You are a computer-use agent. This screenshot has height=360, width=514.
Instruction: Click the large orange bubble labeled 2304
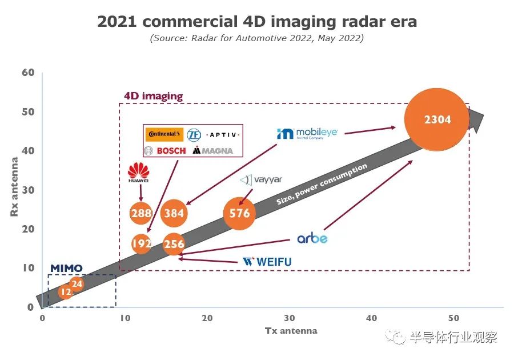(437, 119)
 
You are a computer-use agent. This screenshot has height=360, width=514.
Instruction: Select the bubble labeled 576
(240, 213)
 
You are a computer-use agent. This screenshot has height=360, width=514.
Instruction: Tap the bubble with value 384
(174, 213)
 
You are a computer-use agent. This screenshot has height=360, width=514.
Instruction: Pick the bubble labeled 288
(141, 213)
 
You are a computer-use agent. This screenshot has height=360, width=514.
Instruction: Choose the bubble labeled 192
(141, 244)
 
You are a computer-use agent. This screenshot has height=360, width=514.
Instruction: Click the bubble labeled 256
(174, 244)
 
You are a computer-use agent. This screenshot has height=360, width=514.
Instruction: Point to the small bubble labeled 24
(77, 283)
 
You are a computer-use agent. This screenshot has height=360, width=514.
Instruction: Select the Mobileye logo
(307, 133)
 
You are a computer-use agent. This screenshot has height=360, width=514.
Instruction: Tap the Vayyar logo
(261, 180)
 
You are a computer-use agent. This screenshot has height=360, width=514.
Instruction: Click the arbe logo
(312, 238)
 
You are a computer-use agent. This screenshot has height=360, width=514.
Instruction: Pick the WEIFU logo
(267, 262)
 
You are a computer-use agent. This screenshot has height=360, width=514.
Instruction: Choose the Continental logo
(164, 135)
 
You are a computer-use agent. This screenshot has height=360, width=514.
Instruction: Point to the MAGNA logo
(213, 150)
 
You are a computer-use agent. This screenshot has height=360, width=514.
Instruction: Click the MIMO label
(66, 268)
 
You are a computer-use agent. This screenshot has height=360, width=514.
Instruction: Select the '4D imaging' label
(153, 96)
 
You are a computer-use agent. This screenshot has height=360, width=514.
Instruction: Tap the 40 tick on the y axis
(29, 151)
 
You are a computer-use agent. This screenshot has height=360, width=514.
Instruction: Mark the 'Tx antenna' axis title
(291, 331)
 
